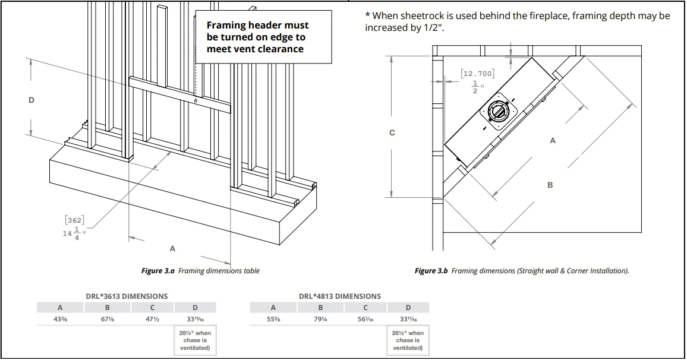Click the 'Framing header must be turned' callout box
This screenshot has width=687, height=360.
coord(263,37)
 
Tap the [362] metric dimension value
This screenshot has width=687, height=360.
coord(74,220)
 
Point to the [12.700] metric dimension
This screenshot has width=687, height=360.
coord(477,73)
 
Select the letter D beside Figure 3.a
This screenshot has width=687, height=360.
coord(31,100)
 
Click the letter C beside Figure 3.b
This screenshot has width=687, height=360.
coord(392,132)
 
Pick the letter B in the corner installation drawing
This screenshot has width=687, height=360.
coord(550,185)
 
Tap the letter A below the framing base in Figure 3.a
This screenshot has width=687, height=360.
coord(173,248)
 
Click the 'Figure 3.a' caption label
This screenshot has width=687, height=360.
coord(157,271)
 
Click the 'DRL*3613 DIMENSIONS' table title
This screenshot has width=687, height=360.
coord(127,296)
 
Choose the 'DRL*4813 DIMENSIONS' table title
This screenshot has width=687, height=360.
coord(340,296)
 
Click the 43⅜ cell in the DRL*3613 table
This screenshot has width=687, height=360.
coord(59,319)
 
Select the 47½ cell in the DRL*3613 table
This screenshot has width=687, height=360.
coord(152,319)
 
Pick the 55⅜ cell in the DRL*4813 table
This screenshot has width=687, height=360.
coord(273,319)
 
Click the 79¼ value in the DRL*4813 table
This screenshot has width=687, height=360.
coord(320,319)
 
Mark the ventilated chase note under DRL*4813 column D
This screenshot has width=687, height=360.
coord(408,340)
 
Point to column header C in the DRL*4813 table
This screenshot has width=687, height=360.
coord(365,308)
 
